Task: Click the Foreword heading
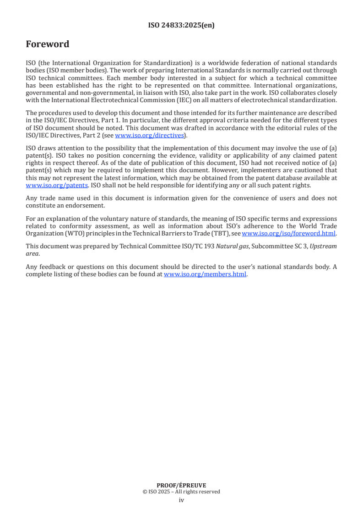pyautogui.click(x=48, y=44)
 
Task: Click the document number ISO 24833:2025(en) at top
pyautogui.click(x=181, y=26)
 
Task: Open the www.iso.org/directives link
pyautogui.click(x=149, y=135)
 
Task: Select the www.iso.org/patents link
pyautogui.click(x=57, y=186)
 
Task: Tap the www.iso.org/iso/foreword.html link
pyautogui.click(x=288, y=234)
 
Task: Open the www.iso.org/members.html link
pyautogui.click(x=205, y=275)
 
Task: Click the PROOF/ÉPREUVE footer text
pyautogui.click(x=181, y=486)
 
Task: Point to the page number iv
pyautogui.click(x=181, y=500)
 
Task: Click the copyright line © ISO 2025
pyautogui.click(x=181, y=492)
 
